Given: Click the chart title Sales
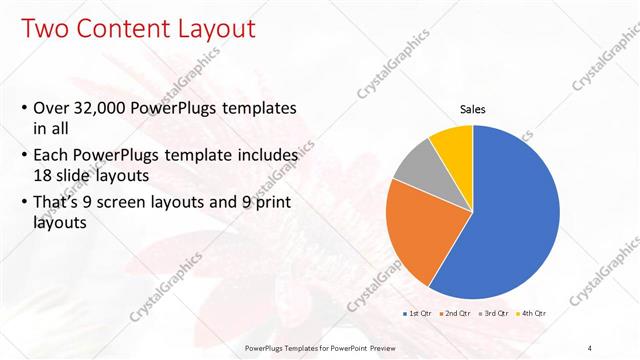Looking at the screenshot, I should (473, 109).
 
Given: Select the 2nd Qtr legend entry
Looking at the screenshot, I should (457, 314).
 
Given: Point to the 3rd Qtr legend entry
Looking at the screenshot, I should (496, 314).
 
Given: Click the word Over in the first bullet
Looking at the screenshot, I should (51, 108).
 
